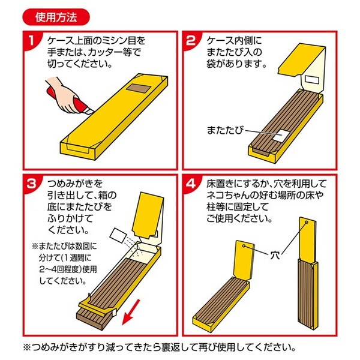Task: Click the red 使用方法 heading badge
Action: pos(56,17)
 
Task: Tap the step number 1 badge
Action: pos(32,41)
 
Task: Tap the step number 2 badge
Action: pos(192,41)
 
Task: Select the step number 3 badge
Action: pos(32,184)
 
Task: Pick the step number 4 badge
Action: pos(191,184)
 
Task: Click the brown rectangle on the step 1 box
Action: pos(138,89)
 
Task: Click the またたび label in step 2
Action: pos(225,130)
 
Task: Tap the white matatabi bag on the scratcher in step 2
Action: pos(281,136)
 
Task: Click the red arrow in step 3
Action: pos(131,312)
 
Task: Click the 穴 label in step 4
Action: pos(275,255)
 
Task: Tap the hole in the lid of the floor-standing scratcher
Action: pos(244,246)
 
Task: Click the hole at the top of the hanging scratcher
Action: pos(307,223)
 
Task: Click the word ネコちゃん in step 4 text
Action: pos(230,196)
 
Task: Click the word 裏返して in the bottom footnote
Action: pos(178,347)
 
